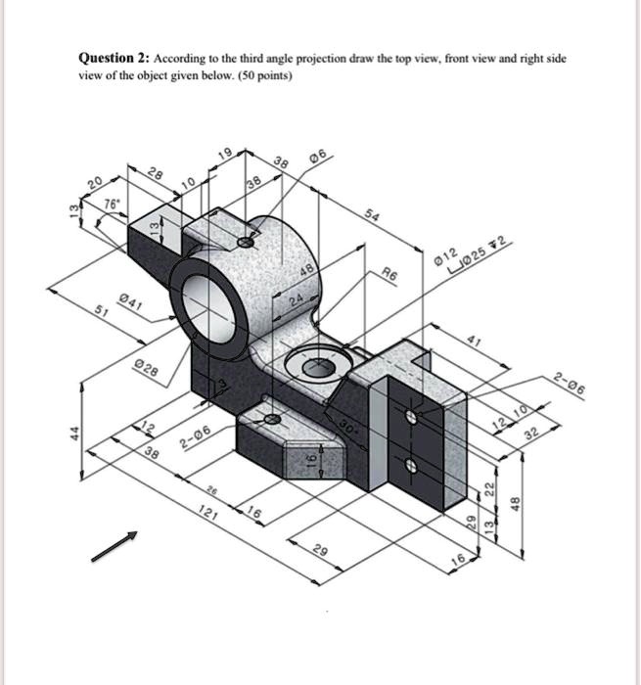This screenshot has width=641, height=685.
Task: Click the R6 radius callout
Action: pyautogui.click(x=389, y=276)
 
